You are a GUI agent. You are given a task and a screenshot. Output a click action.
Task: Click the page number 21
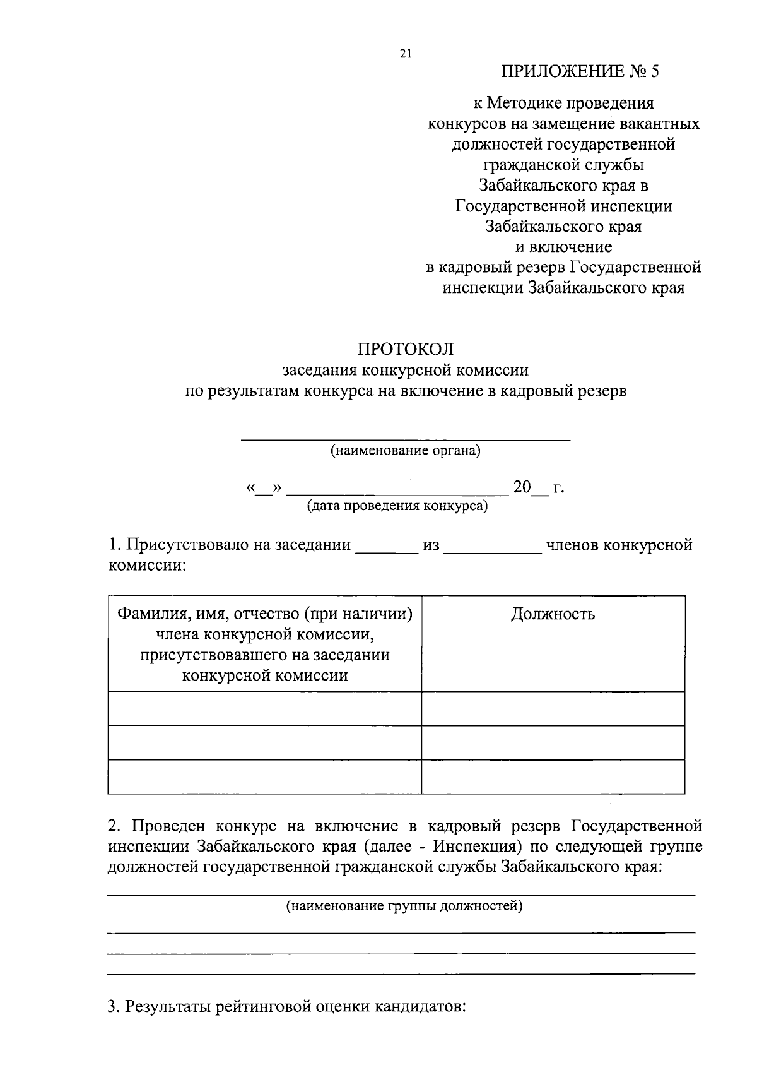(x=405, y=54)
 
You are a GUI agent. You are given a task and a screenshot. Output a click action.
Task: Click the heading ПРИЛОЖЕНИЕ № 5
(x=579, y=71)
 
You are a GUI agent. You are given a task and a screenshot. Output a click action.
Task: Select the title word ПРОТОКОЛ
(x=406, y=349)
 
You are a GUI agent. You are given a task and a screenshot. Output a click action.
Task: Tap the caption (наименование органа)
(x=406, y=451)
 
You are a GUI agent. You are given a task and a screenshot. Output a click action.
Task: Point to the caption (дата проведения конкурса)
(x=397, y=506)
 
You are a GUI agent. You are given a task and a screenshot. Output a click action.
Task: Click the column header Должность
(x=553, y=614)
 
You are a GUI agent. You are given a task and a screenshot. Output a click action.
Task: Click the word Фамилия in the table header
(x=147, y=614)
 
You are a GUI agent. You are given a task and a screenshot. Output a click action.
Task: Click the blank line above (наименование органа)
(x=406, y=436)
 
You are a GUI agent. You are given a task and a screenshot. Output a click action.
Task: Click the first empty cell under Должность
(x=553, y=709)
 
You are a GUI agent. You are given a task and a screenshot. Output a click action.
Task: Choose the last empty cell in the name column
(x=264, y=777)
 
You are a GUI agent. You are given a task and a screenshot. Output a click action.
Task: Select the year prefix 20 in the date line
(x=522, y=487)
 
